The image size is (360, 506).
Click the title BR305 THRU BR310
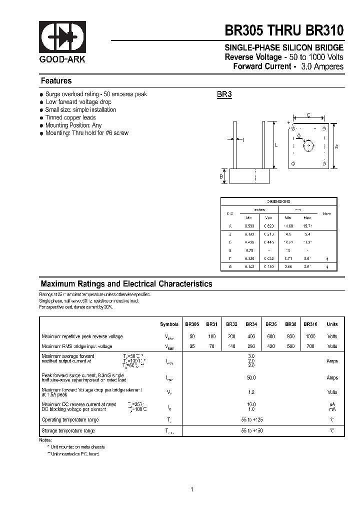click(x=284, y=30)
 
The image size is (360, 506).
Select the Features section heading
click(x=56, y=81)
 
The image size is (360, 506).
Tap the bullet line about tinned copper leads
click(x=70, y=117)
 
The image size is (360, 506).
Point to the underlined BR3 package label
click(x=224, y=94)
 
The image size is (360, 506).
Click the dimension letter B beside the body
click(x=221, y=176)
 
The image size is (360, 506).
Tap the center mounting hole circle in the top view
click(x=308, y=146)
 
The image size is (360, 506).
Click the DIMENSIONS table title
click(x=278, y=201)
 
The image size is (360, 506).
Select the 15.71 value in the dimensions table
click(x=307, y=226)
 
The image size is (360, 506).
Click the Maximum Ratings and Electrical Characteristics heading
click(x=126, y=284)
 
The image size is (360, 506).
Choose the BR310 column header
click(x=310, y=324)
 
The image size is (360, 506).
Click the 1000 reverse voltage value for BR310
click(x=310, y=336)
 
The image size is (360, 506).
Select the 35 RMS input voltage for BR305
click(x=192, y=346)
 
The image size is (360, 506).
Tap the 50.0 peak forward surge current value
click(x=251, y=378)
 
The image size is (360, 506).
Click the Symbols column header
click(x=169, y=324)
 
